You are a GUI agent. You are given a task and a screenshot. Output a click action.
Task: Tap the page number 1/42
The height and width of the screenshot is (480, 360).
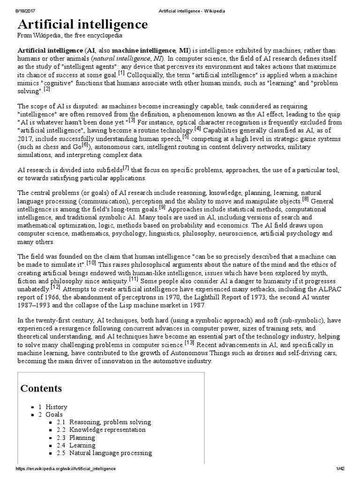[340, 469]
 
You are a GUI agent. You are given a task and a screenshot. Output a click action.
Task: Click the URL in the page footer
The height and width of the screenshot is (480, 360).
[66, 469]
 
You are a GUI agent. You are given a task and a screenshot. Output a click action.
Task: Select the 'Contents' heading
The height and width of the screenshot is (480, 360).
[41, 389]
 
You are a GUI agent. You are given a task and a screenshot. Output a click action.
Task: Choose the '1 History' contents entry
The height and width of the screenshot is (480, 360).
[52, 407]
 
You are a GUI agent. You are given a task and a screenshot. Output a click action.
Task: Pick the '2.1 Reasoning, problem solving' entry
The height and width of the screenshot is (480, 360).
[104, 422]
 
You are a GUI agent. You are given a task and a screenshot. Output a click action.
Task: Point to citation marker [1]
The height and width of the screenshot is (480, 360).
[121, 73]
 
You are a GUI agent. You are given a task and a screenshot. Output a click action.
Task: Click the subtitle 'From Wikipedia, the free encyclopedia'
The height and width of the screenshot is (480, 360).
[70, 36]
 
